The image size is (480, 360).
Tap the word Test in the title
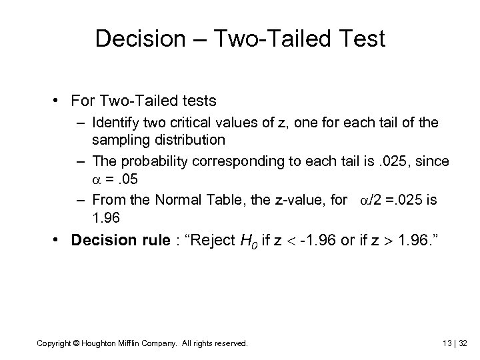pyautogui.click(x=361, y=39)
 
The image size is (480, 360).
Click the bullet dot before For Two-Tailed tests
pyautogui.click(x=59, y=101)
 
